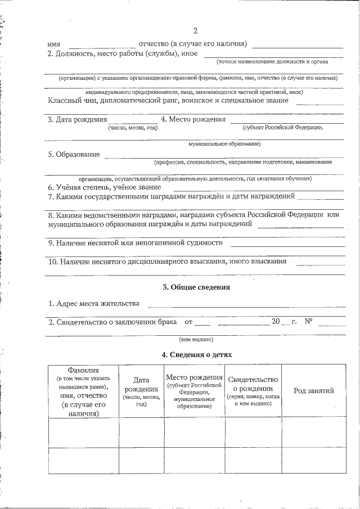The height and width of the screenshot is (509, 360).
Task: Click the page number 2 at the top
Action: click(x=195, y=31)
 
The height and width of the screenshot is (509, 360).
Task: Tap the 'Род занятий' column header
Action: click(x=314, y=391)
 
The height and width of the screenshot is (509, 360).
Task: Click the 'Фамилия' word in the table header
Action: click(x=83, y=371)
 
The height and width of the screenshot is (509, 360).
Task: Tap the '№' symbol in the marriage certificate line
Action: click(x=308, y=322)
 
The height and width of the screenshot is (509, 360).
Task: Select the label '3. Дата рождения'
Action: click(x=77, y=119)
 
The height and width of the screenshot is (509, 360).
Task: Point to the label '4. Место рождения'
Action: click(x=193, y=119)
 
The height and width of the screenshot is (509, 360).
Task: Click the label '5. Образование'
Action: click(x=74, y=154)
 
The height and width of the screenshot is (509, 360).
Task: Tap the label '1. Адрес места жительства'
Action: click(x=94, y=304)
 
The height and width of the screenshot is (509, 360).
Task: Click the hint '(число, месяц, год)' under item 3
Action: click(x=133, y=128)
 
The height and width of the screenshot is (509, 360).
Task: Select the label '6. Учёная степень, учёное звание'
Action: click(x=105, y=187)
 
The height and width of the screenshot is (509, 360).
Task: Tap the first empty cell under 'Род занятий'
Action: click(x=314, y=431)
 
